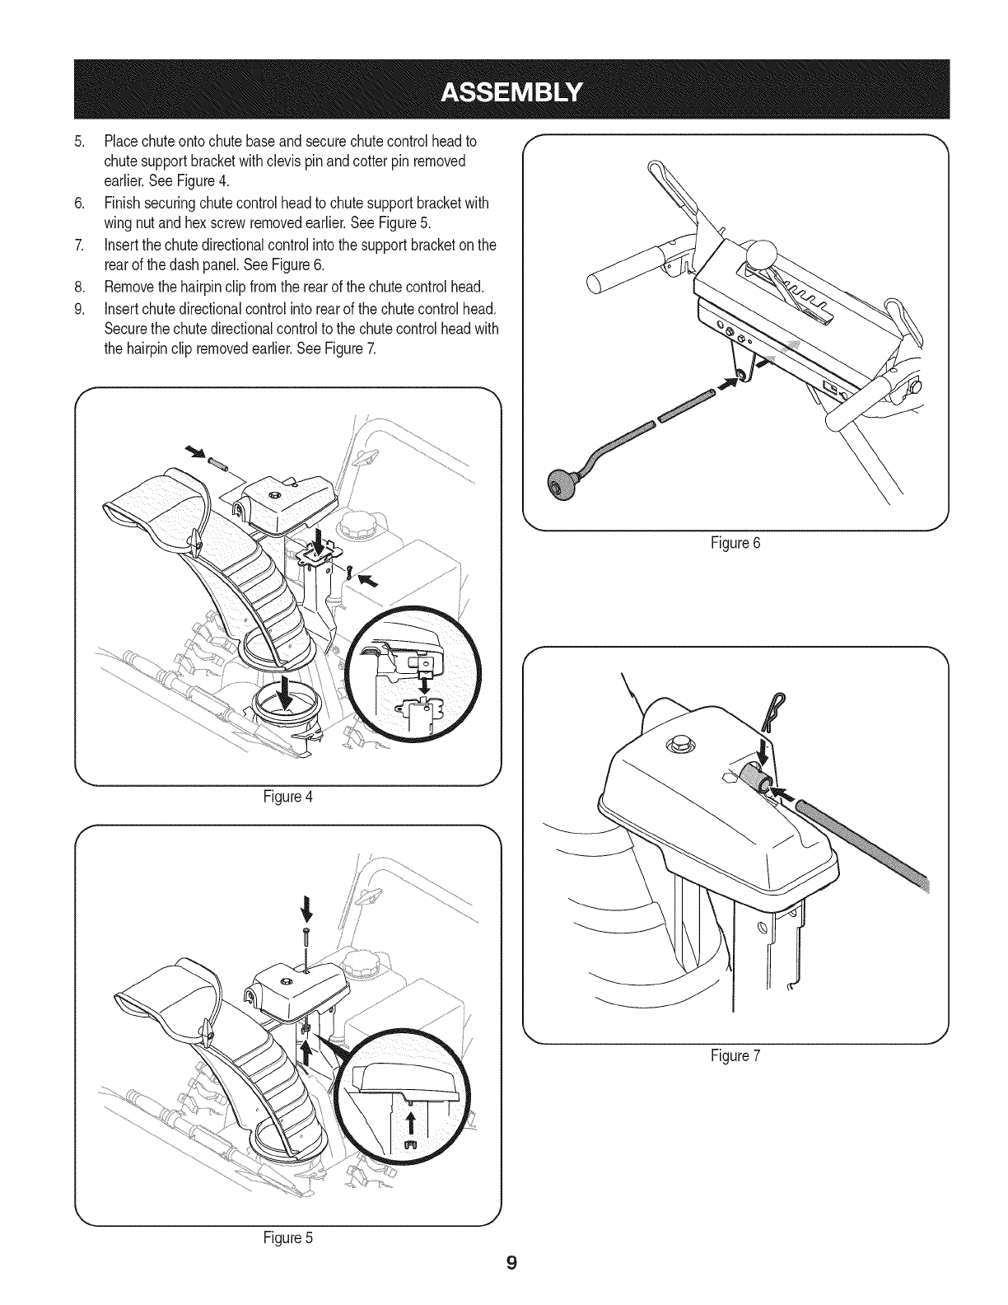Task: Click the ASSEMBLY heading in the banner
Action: coord(511,89)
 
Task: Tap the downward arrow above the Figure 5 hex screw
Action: coord(306,909)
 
